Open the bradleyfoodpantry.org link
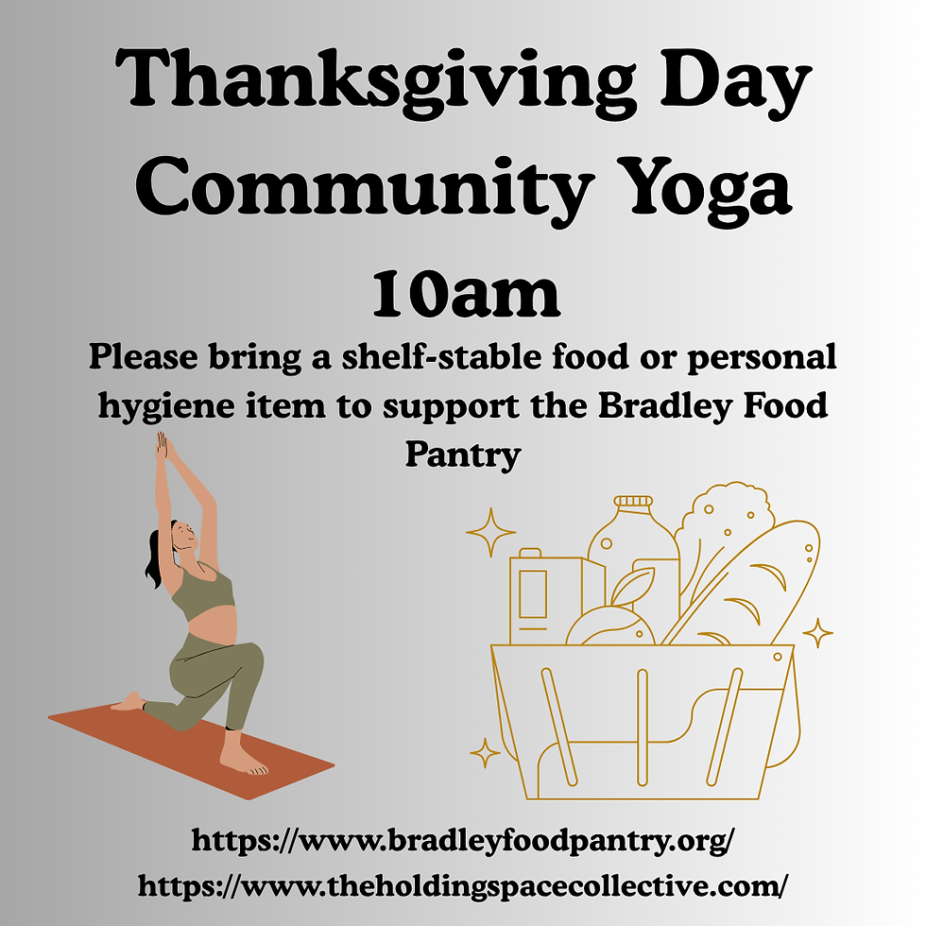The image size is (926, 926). tap(463, 840)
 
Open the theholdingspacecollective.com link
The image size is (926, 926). tap(463, 885)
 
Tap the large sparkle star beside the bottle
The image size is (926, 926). tap(491, 533)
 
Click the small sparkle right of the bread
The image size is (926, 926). tap(817, 632)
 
